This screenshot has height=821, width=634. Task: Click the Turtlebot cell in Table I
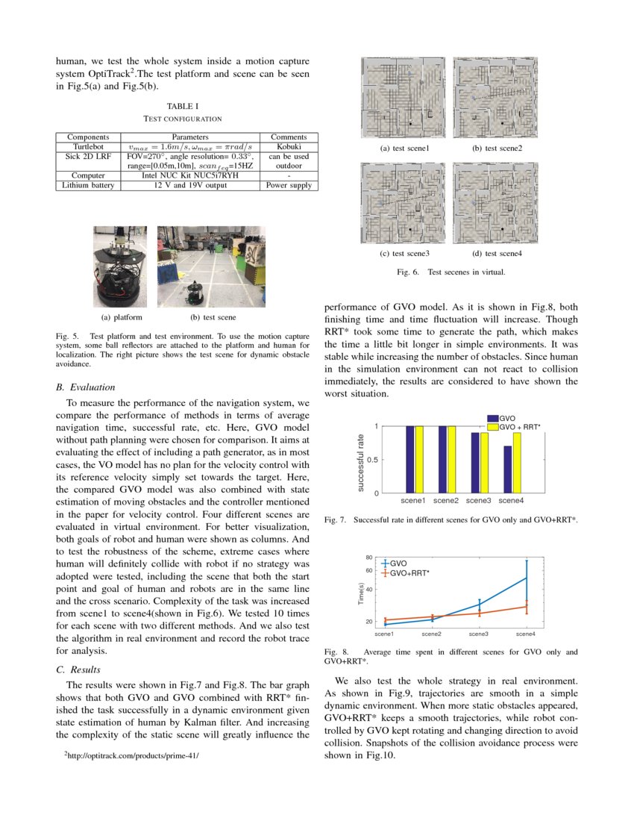point(87,147)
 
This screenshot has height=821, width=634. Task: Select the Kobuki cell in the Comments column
point(289,147)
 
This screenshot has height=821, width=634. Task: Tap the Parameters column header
point(190,137)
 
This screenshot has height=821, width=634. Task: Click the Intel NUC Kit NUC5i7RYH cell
point(190,176)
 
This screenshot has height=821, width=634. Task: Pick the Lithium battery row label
point(87,185)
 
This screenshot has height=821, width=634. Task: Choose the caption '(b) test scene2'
point(497,148)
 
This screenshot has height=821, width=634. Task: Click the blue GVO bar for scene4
point(508,469)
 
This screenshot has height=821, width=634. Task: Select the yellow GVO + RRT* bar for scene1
point(419,460)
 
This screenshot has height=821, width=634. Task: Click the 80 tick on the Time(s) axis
point(369,558)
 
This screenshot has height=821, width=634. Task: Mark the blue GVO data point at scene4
point(527,578)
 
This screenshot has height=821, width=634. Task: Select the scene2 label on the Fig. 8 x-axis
point(431,634)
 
